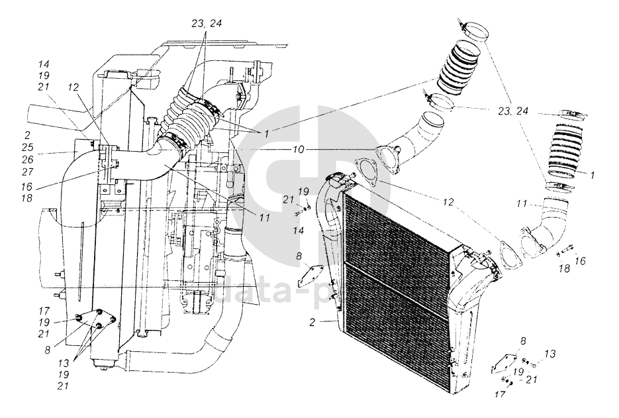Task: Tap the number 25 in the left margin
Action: [x=28, y=147]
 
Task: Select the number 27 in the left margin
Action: [x=28, y=172]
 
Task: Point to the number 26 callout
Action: [x=28, y=160]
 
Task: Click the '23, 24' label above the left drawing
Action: [x=207, y=23]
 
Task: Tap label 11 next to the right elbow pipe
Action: [x=522, y=204]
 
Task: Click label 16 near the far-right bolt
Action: [x=580, y=261]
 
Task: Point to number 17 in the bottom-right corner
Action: [x=500, y=394]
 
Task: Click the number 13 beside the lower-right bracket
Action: [x=550, y=354]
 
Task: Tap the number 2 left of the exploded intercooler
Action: [x=312, y=323]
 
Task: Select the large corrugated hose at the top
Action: [x=459, y=68]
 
